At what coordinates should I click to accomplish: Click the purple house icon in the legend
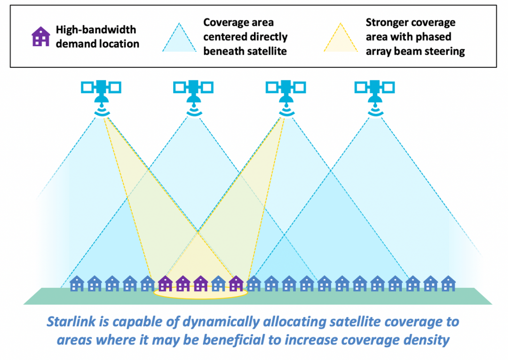[41, 36]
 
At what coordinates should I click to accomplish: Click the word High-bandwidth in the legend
[96, 30]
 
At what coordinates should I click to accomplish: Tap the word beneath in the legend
[223, 51]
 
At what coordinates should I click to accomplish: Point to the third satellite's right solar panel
[300, 88]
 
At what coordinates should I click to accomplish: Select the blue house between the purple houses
[218, 283]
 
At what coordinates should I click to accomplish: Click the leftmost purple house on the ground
[165, 283]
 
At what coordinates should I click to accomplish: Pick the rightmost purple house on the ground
[236, 283]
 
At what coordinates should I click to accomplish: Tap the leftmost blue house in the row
[77, 283]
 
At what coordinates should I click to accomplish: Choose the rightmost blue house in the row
[448, 283]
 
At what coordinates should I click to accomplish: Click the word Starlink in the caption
[71, 321]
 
